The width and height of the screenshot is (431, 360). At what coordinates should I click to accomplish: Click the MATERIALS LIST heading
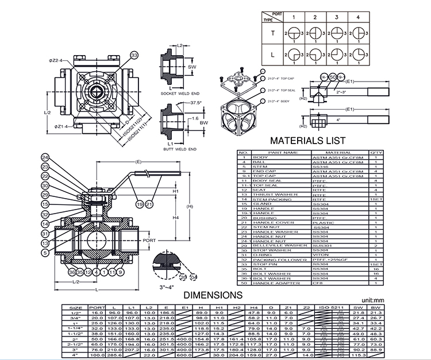307,141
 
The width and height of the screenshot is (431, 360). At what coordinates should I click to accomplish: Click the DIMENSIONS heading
212,295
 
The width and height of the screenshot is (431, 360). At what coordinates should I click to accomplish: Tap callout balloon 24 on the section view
45,157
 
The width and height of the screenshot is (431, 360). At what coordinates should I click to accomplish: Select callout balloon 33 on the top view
134,55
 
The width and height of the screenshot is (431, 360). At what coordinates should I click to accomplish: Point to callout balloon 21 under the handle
149,204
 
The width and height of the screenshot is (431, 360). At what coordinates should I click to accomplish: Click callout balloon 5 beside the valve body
45,251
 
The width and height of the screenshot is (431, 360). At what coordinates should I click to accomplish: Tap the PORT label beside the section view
149,241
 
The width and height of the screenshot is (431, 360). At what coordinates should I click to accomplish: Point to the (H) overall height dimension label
190,207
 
